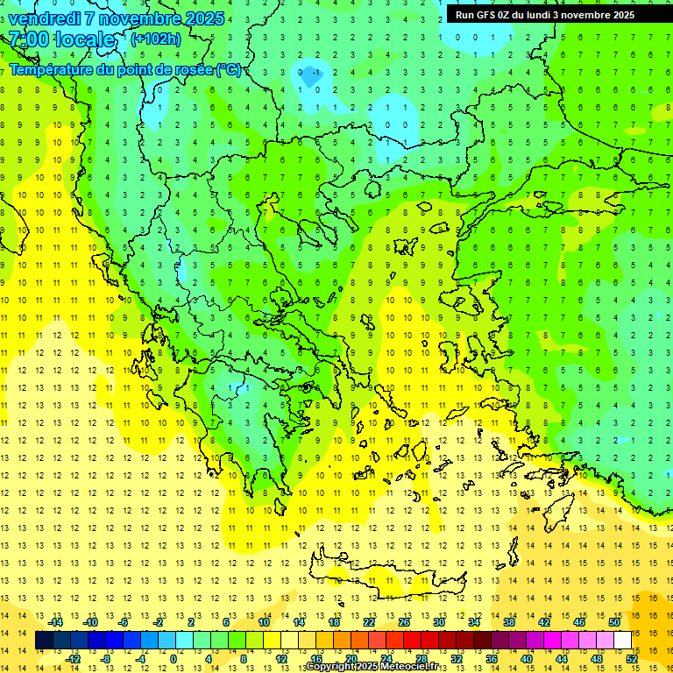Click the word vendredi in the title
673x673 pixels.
[46, 18]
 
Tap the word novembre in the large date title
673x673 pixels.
[142, 18]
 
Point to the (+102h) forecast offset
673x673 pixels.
[156, 39]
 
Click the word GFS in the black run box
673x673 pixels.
[485, 15]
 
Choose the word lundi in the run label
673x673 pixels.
[546, 15]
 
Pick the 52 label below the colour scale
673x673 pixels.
[633, 659]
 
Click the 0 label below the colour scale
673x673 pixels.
[174, 659]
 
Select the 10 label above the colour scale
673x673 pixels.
[264, 622]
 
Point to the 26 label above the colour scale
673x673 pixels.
[404, 622]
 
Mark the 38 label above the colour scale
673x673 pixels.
[509, 622]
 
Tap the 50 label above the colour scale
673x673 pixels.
[614, 622]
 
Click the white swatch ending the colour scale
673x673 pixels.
[623, 641]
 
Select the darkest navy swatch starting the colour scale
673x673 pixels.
[45, 641]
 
